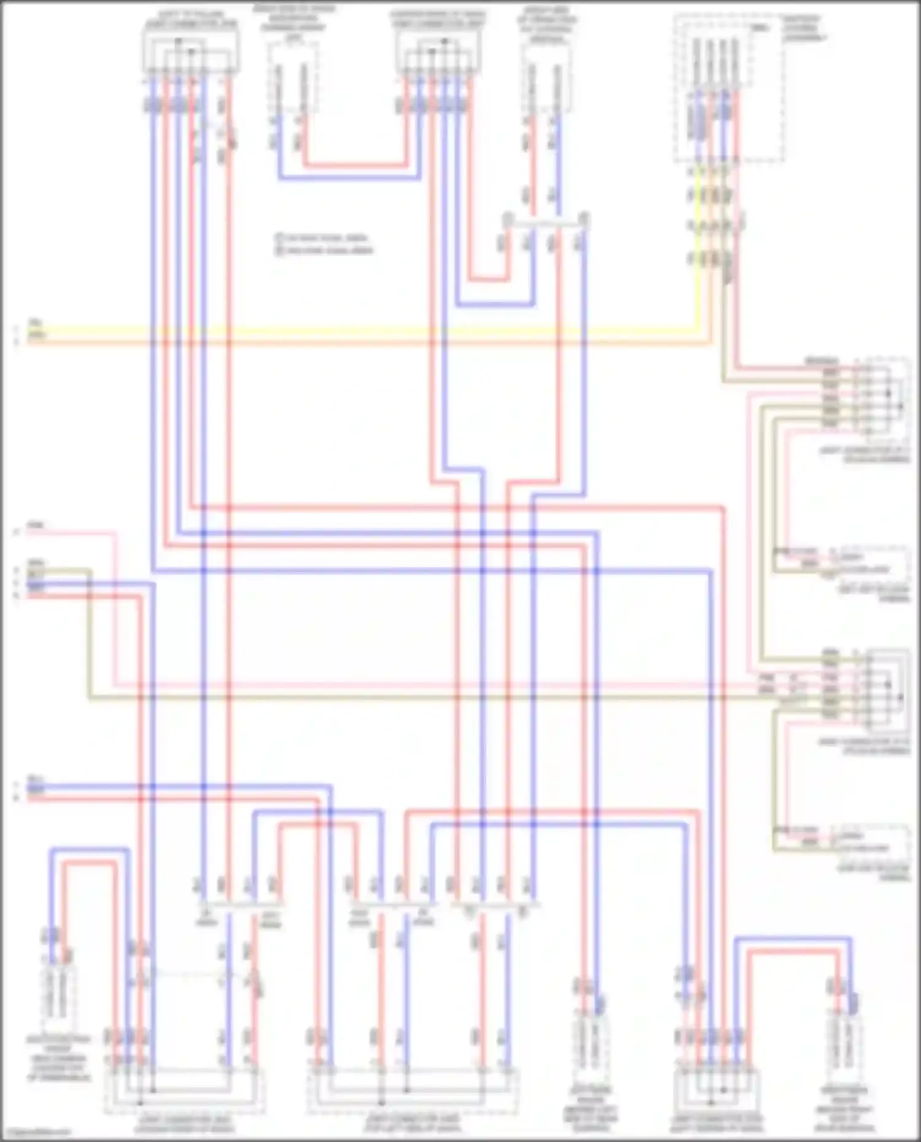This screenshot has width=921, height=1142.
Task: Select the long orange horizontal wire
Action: coord(368,341)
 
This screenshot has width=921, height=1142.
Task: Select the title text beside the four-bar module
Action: coord(804,28)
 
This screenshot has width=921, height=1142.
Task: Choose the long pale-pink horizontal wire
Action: coord(430,684)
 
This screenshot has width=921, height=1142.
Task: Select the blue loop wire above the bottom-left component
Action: coord(89,850)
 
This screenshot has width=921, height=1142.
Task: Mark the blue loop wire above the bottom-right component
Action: coord(792,938)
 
